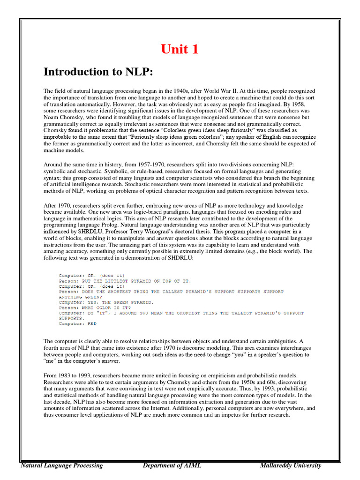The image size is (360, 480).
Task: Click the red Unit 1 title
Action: [180, 49]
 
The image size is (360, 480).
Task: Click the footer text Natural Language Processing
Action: [62, 465]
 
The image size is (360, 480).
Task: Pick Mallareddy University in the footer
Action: [291, 465]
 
